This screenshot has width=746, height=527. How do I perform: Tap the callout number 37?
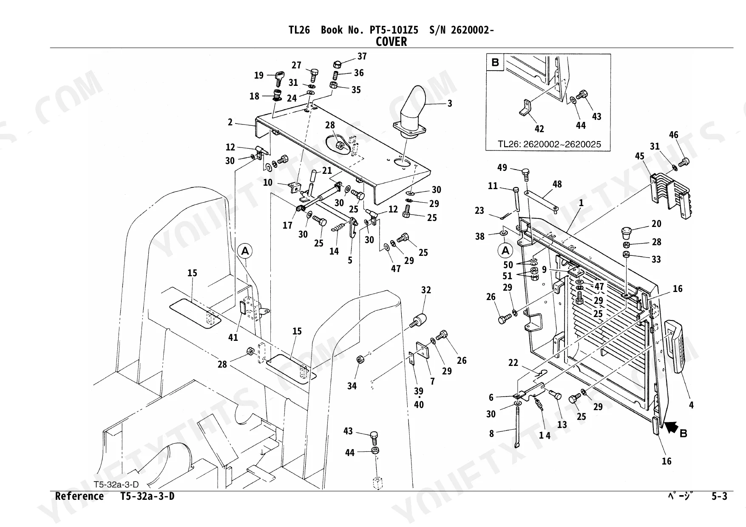362,57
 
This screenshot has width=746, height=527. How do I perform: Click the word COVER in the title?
391,42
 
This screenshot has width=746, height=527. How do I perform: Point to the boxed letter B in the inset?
495,63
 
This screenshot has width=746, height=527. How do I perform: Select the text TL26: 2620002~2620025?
549,144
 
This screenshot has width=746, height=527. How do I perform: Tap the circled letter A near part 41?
245,251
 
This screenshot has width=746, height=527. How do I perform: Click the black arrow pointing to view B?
672,426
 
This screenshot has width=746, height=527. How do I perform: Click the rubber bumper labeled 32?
419,320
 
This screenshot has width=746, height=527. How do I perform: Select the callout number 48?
557,184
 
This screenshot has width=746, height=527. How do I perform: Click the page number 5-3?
720,496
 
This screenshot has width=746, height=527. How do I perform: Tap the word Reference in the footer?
79,496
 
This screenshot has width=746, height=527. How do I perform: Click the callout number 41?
233,338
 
